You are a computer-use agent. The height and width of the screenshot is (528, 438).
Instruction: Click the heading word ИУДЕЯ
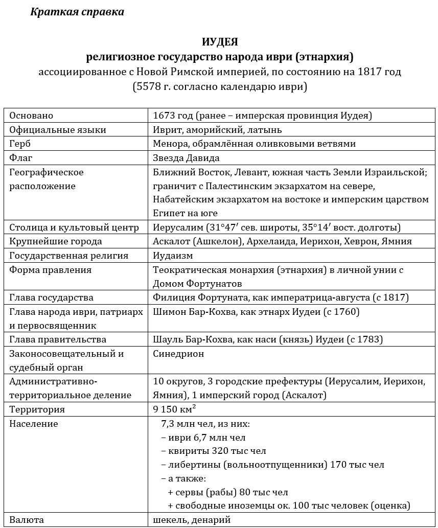(x=220, y=42)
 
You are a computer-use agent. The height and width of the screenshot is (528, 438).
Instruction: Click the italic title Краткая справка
(x=77, y=12)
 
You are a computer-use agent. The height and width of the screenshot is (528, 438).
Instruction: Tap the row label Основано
(x=31, y=116)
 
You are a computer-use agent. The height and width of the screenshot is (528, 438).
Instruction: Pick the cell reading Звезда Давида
(x=186, y=158)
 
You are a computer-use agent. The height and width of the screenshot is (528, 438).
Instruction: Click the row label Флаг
(x=21, y=158)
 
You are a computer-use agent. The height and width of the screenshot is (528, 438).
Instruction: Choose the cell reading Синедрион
(x=178, y=353)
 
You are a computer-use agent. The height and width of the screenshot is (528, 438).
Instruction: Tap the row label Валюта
(x=27, y=520)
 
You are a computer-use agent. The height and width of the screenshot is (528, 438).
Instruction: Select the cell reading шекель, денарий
(x=192, y=520)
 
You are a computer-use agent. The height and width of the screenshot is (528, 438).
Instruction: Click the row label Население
(x=34, y=424)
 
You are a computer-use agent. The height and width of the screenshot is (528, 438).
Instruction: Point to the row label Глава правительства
(x=58, y=339)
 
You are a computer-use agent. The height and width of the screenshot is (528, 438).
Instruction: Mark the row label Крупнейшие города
(x=56, y=241)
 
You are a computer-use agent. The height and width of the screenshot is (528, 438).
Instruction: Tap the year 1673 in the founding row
(x=164, y=116)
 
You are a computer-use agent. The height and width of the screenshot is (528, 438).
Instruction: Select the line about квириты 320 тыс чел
(x=214, y=451)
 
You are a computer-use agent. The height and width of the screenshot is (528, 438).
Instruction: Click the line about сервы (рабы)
(x=228, y=492)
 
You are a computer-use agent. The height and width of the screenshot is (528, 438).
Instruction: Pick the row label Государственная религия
(x=69, y=255)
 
